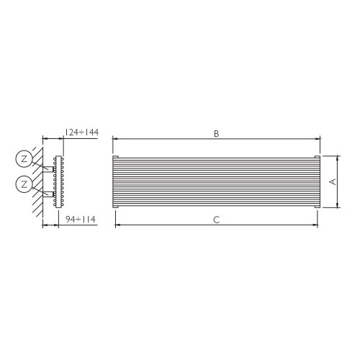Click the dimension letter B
pos(216,133)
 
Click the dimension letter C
pos(216,220)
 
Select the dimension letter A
pos(333,181)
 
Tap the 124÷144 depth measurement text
pos(81,132)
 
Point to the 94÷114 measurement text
pos(81,219)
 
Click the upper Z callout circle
pos(24,158)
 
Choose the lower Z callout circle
pos(24,184)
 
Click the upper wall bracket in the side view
pos(49,168)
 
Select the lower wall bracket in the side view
pos(49,194)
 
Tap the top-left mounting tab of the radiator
pos(115,157)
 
